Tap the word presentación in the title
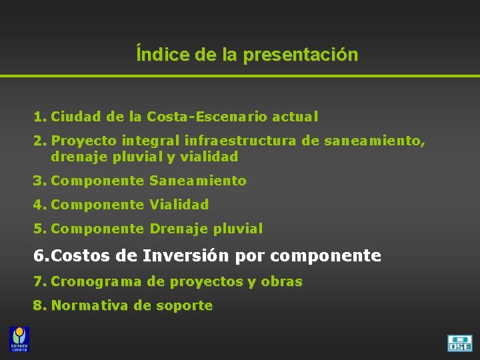click(x=301, y=55)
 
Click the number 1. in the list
click(x=40, y=117)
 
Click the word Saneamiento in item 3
click(x=198, y=181)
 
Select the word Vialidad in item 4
click(x=179, y=205)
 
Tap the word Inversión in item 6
click(x=174, y=255)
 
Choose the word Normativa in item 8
click(x=90, y=306)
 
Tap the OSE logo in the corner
click(x=459, y=343)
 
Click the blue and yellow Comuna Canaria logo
click(x=19, y=339)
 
